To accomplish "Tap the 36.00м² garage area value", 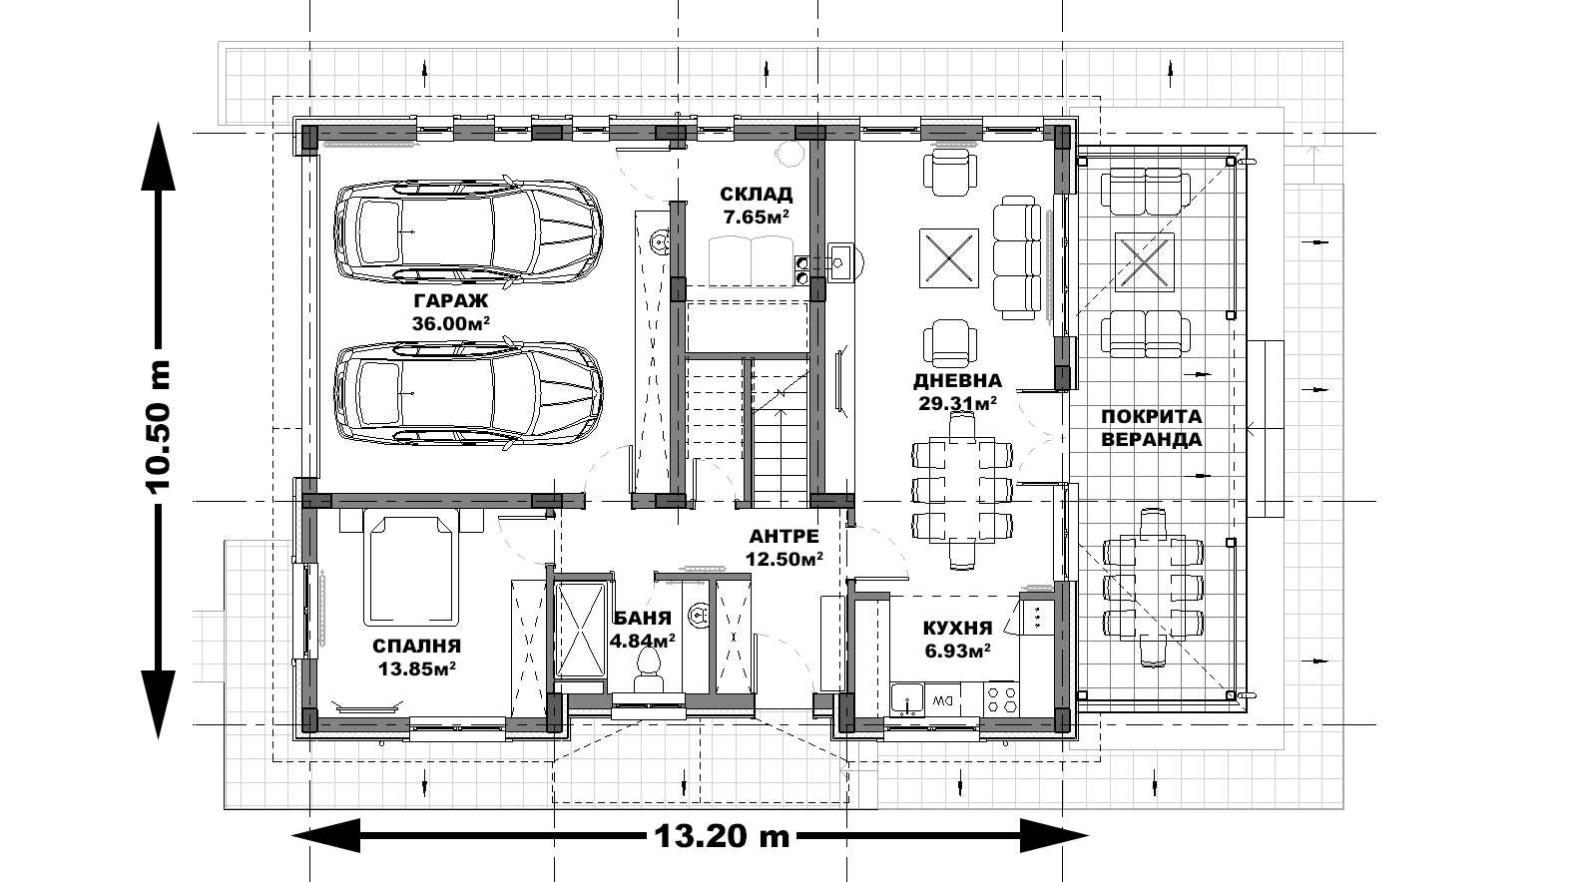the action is (x=450, y=323).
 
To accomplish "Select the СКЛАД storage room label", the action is (x=757, y=194).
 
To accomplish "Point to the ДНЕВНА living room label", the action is (x=957, y=381).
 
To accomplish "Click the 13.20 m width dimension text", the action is (x=722, y=835).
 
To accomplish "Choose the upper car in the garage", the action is (x=468, y=232).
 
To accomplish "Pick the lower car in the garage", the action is (x=468, y=395).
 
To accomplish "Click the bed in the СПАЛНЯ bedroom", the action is (x=411, y=567).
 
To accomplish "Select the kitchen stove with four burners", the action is (x=1002, y=698).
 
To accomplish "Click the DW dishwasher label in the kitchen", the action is (x=939, y=699).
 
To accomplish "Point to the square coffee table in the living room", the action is (x=948, y=257).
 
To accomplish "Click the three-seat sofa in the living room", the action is (x=1016, y=258).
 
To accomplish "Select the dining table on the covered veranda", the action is (x=1153, y=588).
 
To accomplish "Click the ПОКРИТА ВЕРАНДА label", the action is (x=1152, y=428).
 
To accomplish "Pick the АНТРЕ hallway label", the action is (x=784, y=536).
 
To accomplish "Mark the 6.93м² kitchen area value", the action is (x=957, y=651).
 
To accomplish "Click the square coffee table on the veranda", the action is (x=1145, y=261).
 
